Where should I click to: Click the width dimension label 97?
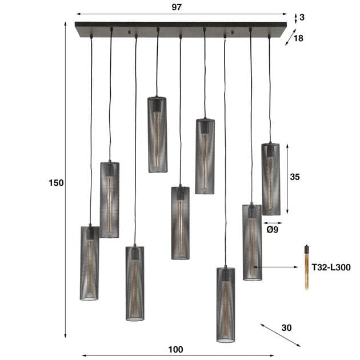(180, 6)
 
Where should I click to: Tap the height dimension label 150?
(56, 183)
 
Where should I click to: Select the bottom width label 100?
(176, 349)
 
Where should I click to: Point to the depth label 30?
(286, 328)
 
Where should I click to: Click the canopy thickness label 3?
(302, 17)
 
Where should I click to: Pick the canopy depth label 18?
(299, 39)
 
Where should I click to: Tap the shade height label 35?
(295, 177)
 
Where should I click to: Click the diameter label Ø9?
(273, 230)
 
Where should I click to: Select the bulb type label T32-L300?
(329, 267)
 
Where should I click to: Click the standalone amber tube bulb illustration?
(307, 267)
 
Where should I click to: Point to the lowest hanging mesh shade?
(226, 304)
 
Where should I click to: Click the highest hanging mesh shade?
(157, 134)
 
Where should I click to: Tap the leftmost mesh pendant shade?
(89, 262)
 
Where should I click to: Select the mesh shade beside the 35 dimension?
(271, 179)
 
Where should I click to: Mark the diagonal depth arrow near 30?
(280, 335)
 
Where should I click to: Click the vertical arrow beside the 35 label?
(286, 179)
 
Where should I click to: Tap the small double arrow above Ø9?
(273, 223)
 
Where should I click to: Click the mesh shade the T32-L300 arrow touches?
(252, 242)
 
